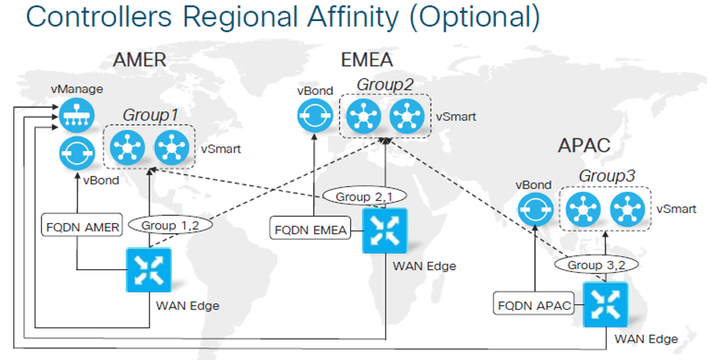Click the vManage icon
coord(77,115)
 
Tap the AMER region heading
coord(140,60)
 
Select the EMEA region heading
coord(367,60)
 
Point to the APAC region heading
coord(584,145)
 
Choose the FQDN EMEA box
coord(310,229)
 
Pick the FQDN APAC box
coord(534,304)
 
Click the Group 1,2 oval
coord(171,225)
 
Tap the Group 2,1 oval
coord(364,196)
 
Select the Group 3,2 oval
coord(596,265)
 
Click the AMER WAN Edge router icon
coord(149,271)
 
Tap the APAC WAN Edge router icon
coord(605,304)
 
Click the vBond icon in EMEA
coord(315,116)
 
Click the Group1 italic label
coord(150,115)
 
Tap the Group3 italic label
coord(607,176)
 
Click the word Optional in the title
coord(475,17)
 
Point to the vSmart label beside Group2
coord(456,116)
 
